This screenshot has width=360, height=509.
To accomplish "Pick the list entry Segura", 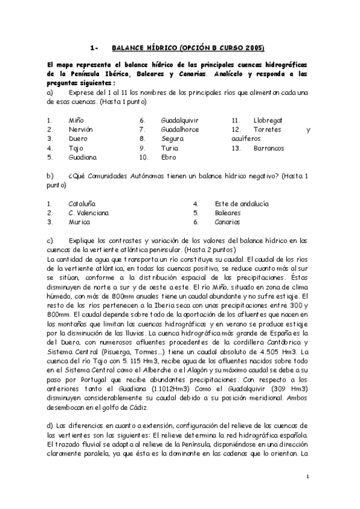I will point(172,139).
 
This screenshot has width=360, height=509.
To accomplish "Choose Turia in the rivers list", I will point(170,148).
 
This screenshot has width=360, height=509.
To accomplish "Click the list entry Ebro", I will point(169,157).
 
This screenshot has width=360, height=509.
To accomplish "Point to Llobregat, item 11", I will point(268,120).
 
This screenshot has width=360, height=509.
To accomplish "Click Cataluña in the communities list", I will point(82,203).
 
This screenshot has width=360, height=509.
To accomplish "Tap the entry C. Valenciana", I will point(88,212).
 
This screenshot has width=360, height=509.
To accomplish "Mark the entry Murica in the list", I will point(79,221).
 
